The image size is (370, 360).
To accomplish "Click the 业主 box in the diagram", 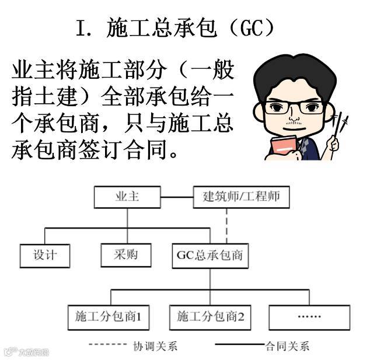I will (127, 197).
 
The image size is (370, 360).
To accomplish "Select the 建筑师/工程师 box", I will (240, 197).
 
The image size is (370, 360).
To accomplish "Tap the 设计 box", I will (44, 255).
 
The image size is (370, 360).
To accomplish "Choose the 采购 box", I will (127, 255).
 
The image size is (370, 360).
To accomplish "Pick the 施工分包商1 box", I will (109, 317).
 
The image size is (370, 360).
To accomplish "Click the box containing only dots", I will (309, 317).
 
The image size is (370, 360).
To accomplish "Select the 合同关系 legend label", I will (287, 346).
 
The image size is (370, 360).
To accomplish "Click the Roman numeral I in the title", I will (82, 27).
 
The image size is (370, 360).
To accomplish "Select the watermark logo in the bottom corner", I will (26, 351).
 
